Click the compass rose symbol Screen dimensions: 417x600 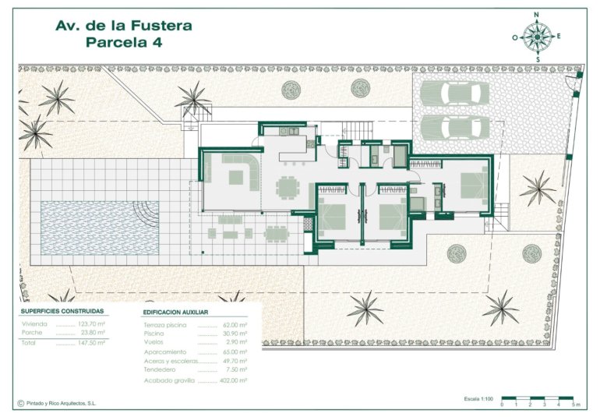coord(537,36)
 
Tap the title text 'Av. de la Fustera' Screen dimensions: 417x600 coord(124,26)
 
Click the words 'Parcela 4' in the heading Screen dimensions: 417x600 coord(123,43)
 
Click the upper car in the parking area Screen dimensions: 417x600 coord(455,92)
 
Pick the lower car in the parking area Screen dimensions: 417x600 coord(455,127)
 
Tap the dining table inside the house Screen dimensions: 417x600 coord(288,188)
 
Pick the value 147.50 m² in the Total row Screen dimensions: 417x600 coord(92,342)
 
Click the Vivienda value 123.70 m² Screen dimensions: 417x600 coord(92,323)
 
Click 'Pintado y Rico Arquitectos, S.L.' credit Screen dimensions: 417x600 coord(69,404)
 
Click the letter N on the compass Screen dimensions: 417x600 coord(537,14)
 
